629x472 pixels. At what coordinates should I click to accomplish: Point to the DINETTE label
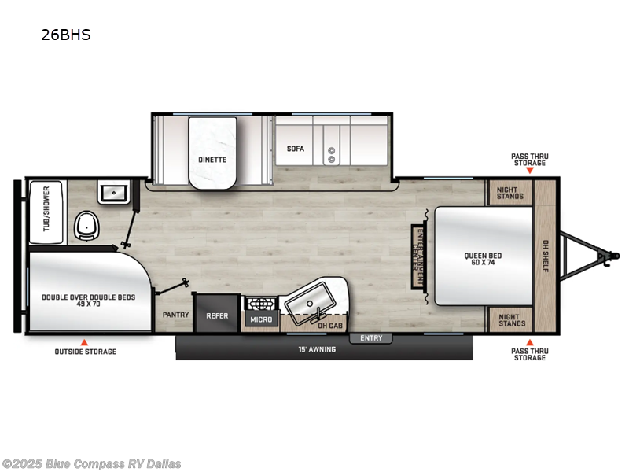tap(212, 160)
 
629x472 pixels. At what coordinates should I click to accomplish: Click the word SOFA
tap(295, 149)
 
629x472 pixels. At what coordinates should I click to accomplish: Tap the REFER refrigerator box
tap(217, 315)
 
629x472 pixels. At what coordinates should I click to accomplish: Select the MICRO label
tap(261, 319)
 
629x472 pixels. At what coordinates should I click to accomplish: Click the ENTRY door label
tap(371, 338)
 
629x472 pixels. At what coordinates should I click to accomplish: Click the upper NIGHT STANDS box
tap(510, 193)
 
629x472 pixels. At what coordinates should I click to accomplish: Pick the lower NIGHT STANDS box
tap(510, 319)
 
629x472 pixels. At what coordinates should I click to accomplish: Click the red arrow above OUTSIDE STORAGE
tap(85, 342)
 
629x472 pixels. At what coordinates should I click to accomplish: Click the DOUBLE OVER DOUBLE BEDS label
tap(88, 301)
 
